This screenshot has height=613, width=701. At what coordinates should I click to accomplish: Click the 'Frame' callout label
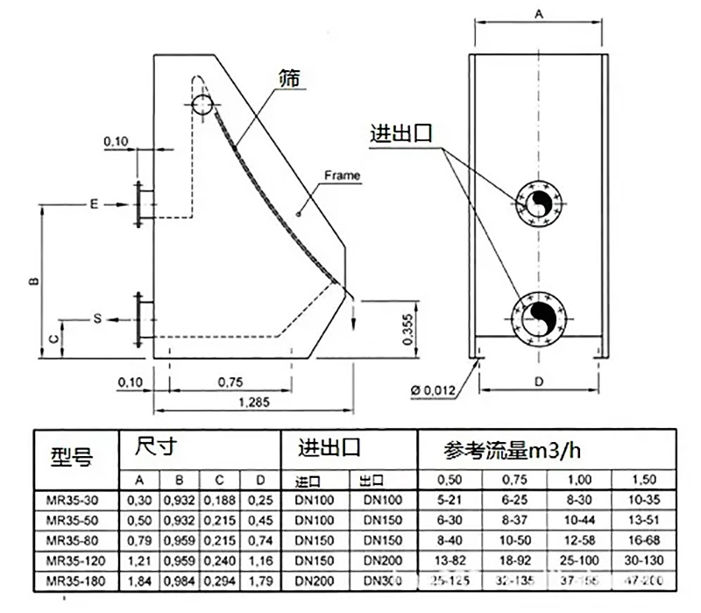(342, 175)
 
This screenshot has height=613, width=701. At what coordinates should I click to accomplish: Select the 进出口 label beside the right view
(401, 135)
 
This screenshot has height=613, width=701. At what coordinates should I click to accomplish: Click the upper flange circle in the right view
(538, 204)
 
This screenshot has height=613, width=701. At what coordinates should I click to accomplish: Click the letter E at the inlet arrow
(93, 203)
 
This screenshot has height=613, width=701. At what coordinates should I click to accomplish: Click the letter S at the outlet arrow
(97, 319)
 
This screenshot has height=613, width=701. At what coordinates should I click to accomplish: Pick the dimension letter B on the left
(32, 282)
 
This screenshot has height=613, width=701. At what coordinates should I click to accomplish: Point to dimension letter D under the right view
(539, 381)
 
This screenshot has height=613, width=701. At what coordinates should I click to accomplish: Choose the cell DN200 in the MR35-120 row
(383, 560)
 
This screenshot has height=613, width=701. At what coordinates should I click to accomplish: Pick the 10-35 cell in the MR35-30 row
(642, 501)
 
